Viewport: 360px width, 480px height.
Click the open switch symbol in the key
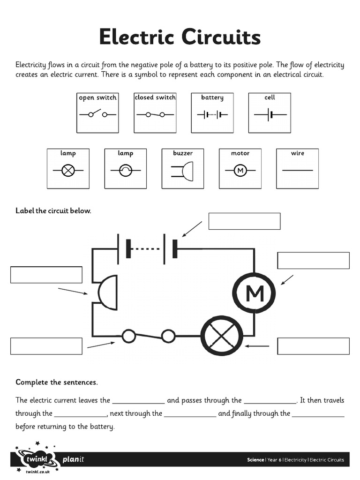point(97,114)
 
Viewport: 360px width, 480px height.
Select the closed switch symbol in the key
point(155,114)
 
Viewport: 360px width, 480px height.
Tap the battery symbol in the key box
point(212,114)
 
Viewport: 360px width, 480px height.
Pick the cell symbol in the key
point(270,114)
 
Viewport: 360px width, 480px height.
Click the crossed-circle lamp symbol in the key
point(68,171)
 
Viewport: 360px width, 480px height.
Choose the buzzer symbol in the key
point(183,171)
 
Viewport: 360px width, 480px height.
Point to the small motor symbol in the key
point(240,171)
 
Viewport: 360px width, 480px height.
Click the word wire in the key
point(298,153)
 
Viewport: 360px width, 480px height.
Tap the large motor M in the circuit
point(255,293)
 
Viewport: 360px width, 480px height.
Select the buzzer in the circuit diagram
point(107,292)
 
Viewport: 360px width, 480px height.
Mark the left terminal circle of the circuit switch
point(128,336)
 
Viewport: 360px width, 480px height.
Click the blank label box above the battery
point(244,221)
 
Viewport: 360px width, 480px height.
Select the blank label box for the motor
point(313,261)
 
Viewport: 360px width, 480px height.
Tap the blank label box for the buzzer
point(46,275)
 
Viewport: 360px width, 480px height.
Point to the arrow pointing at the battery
point(192,229)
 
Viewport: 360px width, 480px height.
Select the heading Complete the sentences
point(57,382)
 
